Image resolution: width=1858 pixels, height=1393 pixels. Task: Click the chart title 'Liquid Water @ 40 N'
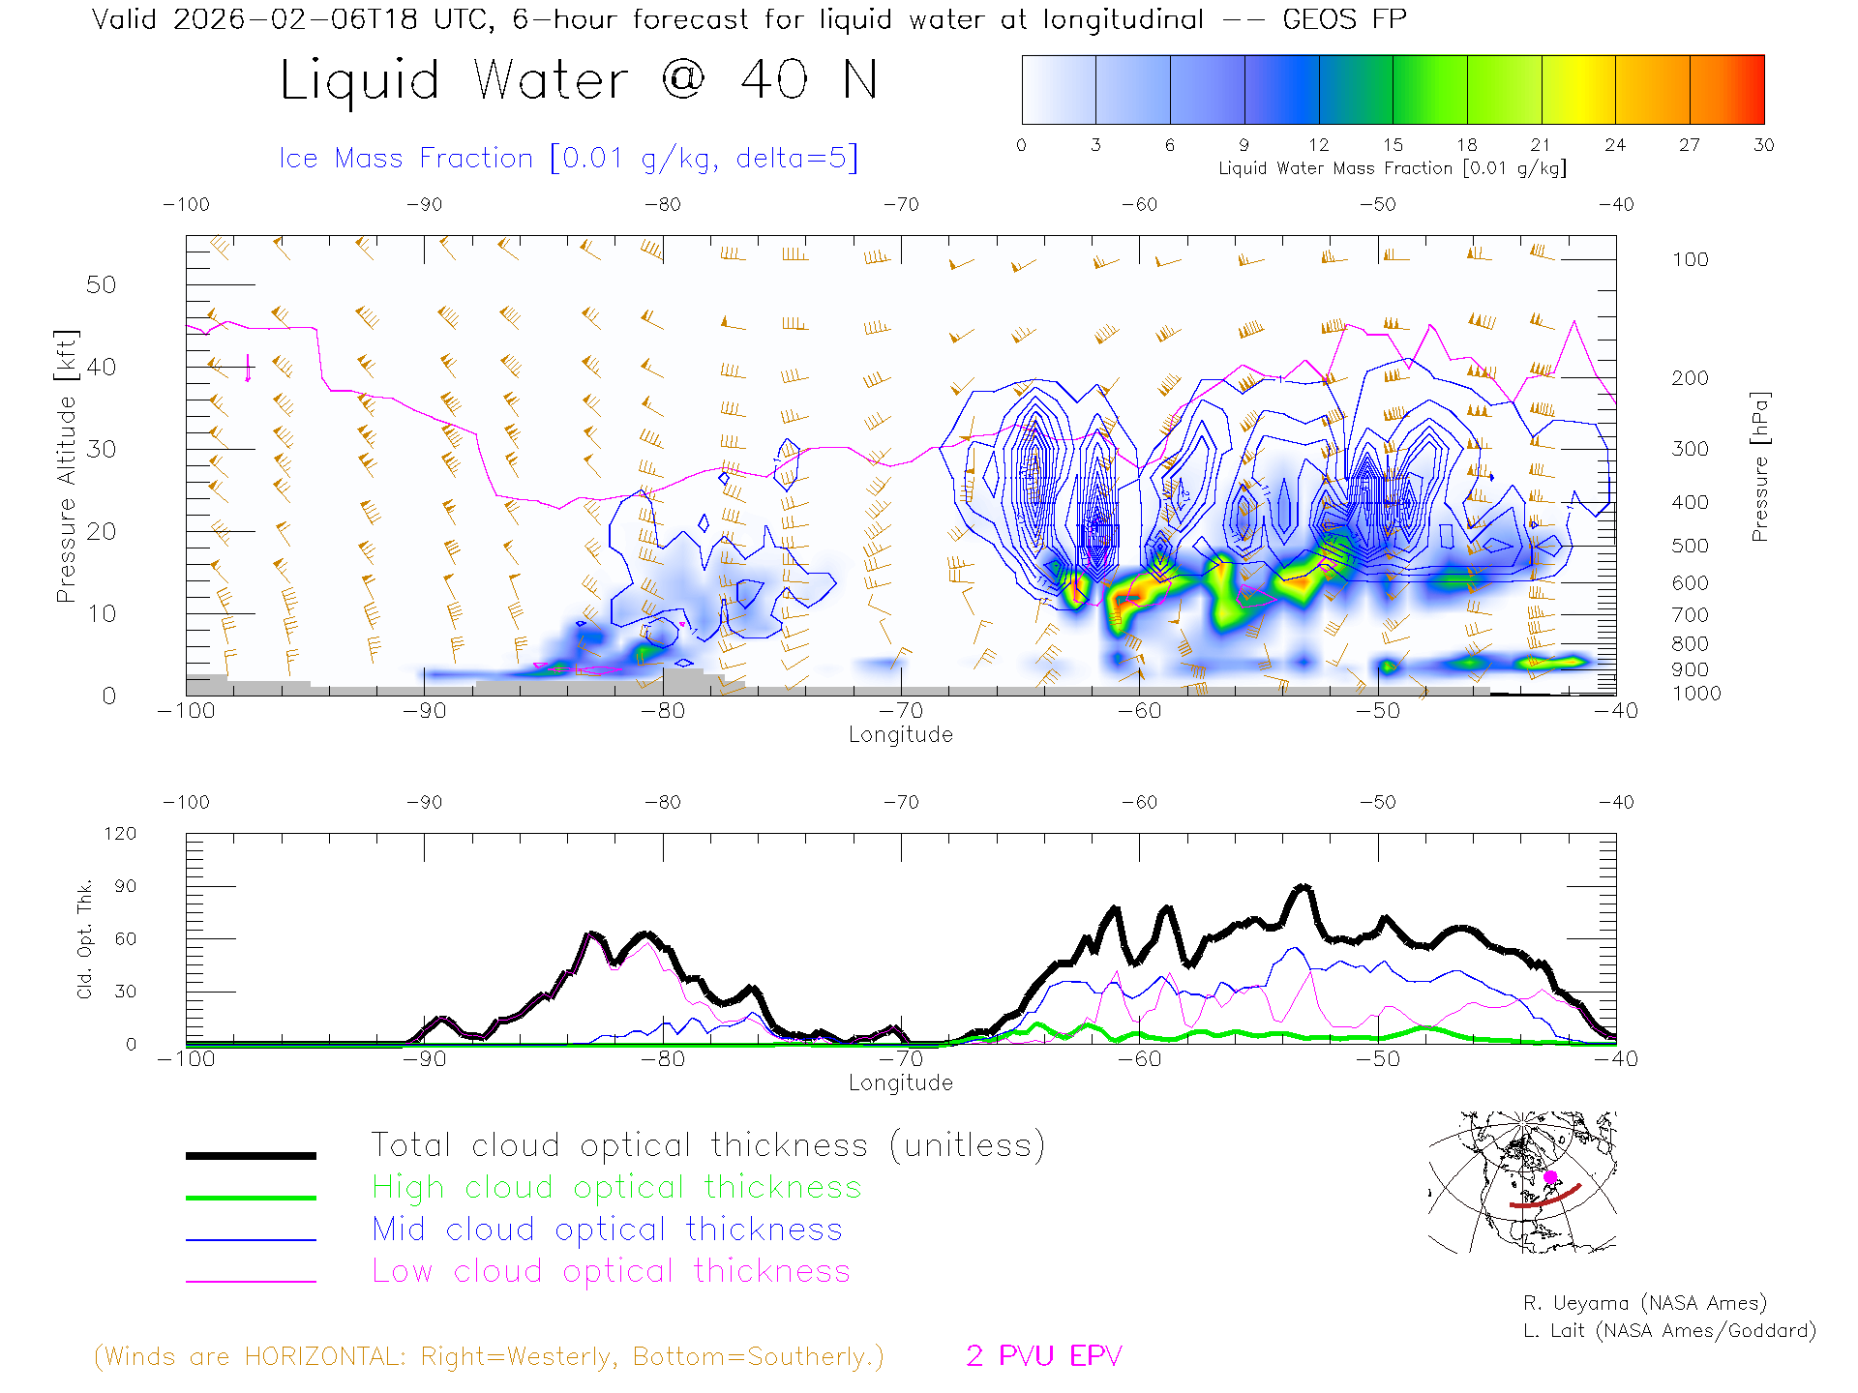point(579,80)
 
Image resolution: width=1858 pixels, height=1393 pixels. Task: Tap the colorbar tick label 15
point(1393,145)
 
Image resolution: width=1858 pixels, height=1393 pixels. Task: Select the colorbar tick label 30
point(1763,145)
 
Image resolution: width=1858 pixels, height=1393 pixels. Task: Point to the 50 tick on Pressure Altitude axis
point(101,284)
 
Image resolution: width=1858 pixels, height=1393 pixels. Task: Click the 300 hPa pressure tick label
point(1690,449)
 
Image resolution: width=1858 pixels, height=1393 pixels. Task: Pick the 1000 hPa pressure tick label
point(1695,694)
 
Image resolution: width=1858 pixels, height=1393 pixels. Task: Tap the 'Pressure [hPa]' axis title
point(1760,466)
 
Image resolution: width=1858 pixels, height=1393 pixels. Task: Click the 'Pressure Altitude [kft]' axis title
point(66,466)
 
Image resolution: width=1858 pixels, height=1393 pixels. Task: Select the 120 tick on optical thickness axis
point(121,834)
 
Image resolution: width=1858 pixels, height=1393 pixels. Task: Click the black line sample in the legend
point(251,1155)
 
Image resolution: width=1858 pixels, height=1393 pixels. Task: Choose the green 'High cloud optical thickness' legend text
point(616,1187)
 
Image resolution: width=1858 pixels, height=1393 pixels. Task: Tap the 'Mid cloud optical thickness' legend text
point(608,1230)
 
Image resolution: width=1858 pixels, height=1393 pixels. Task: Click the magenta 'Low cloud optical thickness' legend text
point(612,1271)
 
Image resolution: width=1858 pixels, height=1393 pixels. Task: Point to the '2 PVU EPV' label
point(1043,1356)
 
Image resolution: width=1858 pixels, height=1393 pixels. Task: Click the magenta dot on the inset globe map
point(1550,1177)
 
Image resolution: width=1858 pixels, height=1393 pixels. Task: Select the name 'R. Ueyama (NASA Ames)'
point(1645,1303)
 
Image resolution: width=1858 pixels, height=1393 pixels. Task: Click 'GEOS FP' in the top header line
point(1344,19)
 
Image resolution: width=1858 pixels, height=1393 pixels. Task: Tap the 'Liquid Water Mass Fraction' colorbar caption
point(1392,168)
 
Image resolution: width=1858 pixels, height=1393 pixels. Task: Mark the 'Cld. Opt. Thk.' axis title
point(85,938)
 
